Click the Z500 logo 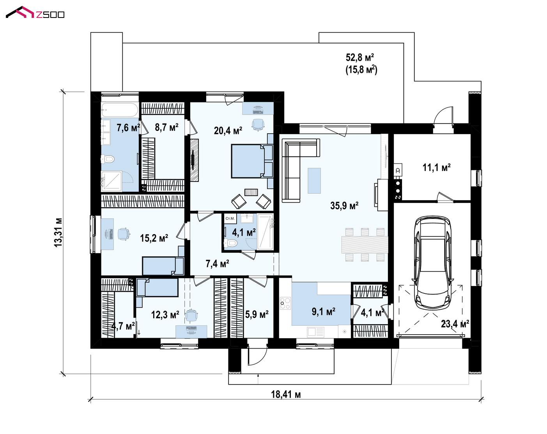click(35, 13)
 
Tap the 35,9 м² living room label click(344, 205)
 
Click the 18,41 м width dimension click(286, 394)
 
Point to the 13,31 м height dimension click(58, 232)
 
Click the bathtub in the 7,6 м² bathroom click(119, 110)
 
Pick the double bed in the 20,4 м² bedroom click(252, 161)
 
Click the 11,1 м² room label click(437, 168)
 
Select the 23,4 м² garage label click(455, 324)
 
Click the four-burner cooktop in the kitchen click(285, 303)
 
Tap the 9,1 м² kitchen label click(324, 312)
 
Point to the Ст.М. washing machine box click(230, 219)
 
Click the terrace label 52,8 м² click(360, 58)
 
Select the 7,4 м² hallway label click(217, 264)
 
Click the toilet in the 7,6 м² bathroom click(108, 159)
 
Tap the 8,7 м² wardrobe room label click(166, 127)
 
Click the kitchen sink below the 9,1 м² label click(316, 332)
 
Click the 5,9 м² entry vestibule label click(257, 315)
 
